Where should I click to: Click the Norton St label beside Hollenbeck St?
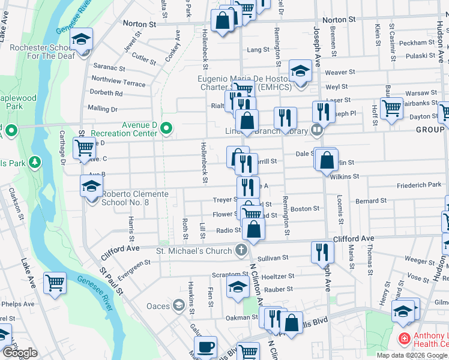pyautogui.click(x=139, y=24)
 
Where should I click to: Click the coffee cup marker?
pyautogui.click(x=206, y=347)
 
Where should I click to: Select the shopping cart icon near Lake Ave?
pyautogui.click(x=55, y=283)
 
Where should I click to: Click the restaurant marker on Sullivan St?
pyautogui.click(x=323, y=252)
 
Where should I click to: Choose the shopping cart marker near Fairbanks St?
pyautogui.click(x=391, y=109)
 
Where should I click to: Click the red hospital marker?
pyautogui.click(x=404, y=340)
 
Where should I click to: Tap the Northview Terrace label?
pyautogui.click(x=118, y=81)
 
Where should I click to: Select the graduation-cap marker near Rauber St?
pyautogui.click(x=238, y=286)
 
